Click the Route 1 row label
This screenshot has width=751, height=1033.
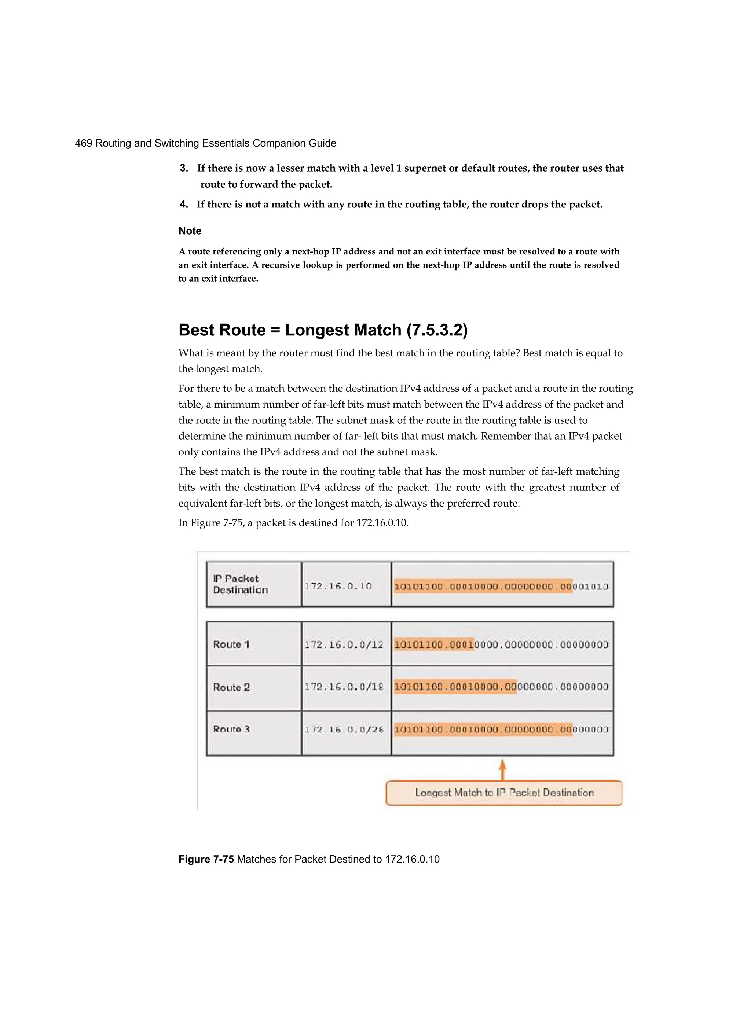(x=231, y=644)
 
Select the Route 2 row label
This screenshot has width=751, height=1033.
(x=231, y=687)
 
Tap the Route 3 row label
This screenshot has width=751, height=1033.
(x=231, y=729)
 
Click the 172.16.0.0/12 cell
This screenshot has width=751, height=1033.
(x=344, y=644)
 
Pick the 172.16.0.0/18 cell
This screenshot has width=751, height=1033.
(x=344, y=687)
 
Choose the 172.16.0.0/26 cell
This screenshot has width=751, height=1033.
(x=344, y=729)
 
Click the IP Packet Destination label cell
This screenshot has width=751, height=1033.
(x=240, y=584)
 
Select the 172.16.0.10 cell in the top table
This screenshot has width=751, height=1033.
(x=338, y=586)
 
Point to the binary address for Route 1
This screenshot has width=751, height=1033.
(x=501, y=644)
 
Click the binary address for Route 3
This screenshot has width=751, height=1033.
(x=501, y=729)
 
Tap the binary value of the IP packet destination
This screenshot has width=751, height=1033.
(x=501, y=586)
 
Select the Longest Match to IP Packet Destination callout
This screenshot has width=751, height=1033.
(x=504, y=793)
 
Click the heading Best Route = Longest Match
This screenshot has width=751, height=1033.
(x=323, y=330)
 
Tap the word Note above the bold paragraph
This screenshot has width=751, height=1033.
(x=190, y=231)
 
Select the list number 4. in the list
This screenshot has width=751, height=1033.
(x=184, y=204)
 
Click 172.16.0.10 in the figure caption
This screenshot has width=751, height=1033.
(x=412, y=859)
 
